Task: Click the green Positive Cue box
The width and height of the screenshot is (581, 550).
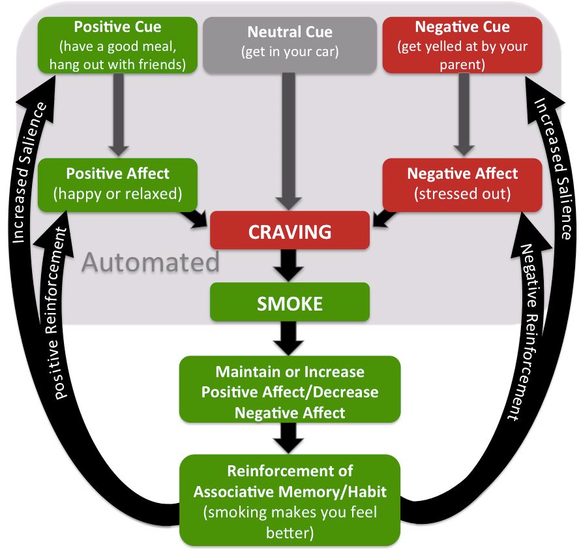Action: (117, 45)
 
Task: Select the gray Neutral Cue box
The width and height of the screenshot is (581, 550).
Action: (290, 45)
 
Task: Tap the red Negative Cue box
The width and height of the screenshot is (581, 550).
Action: (462, 45)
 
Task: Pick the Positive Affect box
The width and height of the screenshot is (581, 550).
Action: (117, 185)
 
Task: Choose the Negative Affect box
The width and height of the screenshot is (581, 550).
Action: (462, 185)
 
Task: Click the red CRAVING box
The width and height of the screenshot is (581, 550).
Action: (290, 232)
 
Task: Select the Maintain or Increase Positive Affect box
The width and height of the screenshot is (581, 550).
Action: (290, 391)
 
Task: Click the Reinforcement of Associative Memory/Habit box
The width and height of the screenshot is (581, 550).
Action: (290, 500)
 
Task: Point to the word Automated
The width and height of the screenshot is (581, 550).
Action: (151, 262)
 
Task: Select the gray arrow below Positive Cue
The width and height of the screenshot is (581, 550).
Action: (117, 114)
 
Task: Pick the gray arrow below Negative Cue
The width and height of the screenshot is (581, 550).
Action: (462, 114)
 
